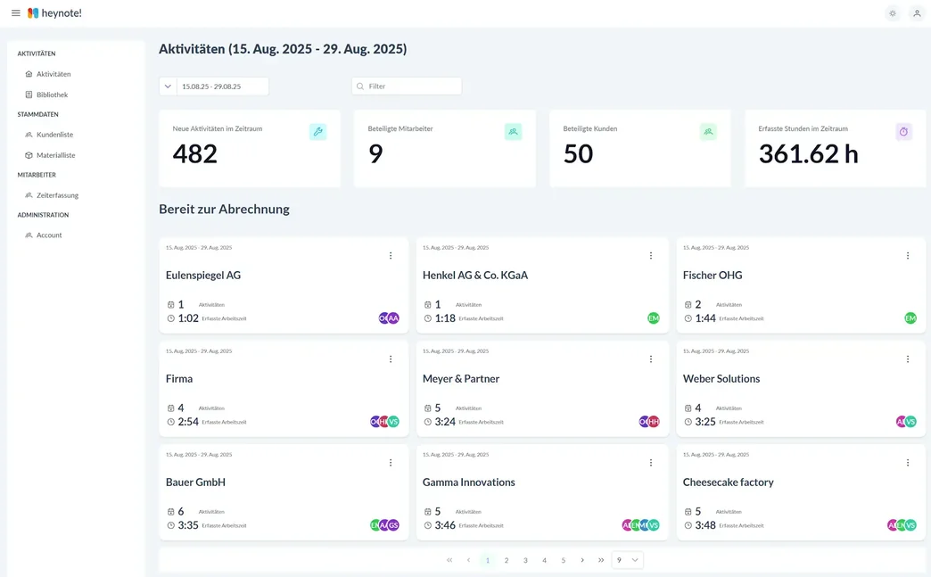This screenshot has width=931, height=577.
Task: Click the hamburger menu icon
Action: (15, 13)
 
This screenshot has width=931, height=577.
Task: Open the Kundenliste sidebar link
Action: (54, 135)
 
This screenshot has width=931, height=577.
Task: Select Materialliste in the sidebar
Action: (55, 155)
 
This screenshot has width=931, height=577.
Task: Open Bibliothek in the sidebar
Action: (52, 95)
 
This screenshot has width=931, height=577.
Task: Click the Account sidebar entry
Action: (49, 235)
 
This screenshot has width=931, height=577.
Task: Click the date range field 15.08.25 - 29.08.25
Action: (222, 87)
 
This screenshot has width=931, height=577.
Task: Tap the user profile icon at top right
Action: (916, 13)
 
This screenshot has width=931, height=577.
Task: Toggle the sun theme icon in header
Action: (892, 13)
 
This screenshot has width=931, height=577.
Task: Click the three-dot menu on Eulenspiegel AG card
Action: (391, 256)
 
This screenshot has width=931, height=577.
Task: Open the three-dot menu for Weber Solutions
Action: (908, 359)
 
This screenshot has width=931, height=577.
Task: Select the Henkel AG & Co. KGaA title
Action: (475, 276)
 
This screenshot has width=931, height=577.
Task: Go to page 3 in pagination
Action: (525, 560)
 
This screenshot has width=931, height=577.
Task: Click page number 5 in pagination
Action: (564, 560)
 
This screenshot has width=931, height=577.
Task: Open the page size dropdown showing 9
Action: (628, 560)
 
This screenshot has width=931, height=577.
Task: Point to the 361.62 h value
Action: (808, 154)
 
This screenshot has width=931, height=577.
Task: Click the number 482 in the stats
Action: (195, 154)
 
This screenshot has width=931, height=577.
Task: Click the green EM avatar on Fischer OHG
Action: (910, 318)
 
